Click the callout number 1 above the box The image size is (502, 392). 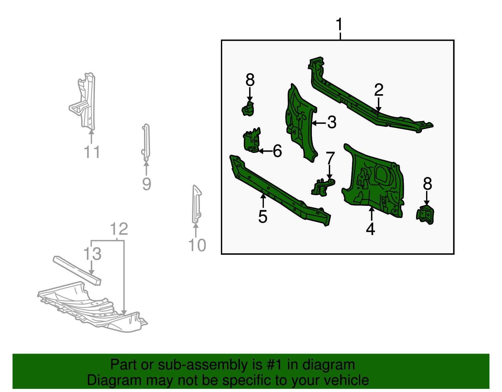tap(339, 24)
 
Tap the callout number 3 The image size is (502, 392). tap(332, 122)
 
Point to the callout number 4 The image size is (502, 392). tap(371, 229)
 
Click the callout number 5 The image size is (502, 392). tap(263, 217)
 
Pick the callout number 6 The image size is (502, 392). tap(277, 151)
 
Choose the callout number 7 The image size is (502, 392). tap(330, 158)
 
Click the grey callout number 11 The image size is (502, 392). tap(92, 152)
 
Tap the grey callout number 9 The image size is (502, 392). tap(147, 184)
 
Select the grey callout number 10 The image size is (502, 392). tap(197, 245)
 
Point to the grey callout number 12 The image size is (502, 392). tap(119, 229)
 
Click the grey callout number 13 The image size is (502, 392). tap(92, 254)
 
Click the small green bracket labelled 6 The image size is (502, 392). tap(252, 140)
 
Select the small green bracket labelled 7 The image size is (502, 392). tap(323, 187)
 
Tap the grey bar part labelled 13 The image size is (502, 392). tap(77, 271)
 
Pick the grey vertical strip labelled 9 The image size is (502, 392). tap(146, 143)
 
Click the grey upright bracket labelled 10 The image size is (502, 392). tap(197, 204)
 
